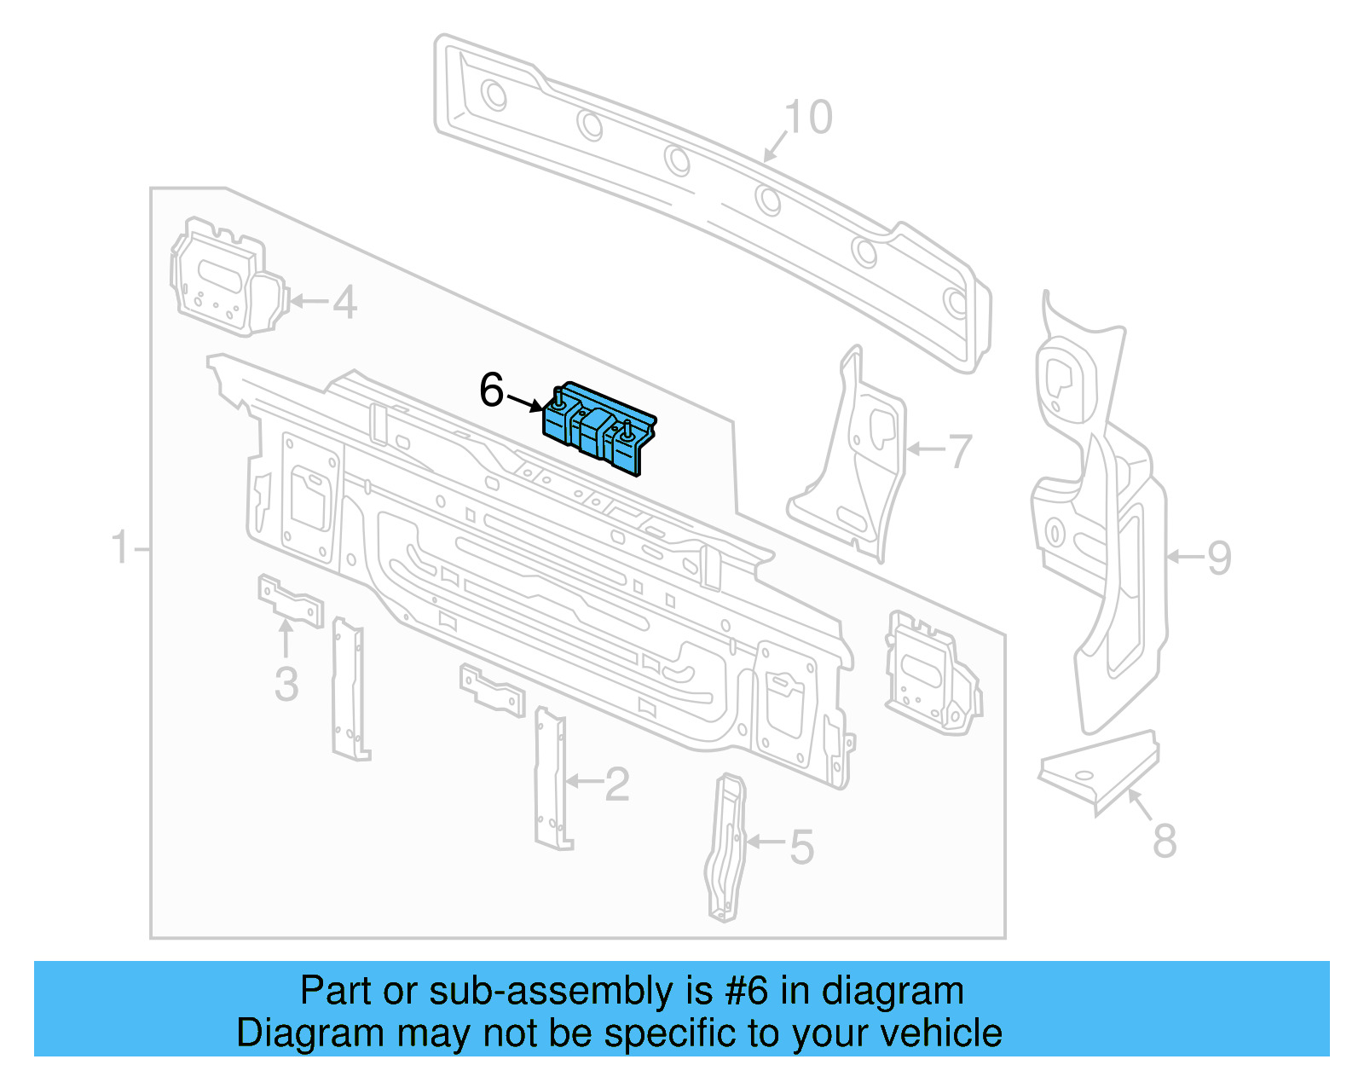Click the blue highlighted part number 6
(x=600, y=427)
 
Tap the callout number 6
(x=492, y=390)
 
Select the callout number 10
(x=807, y=118)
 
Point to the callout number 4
(x=344, y=303)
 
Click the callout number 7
(x=960, y=451)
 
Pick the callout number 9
(x=1219, y=559)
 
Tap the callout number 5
(x=801, y=847)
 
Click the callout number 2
(x=616, y=784)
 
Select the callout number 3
(x=286, y=685)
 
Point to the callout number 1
(x=120, y=547)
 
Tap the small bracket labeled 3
(x=290, y=601)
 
